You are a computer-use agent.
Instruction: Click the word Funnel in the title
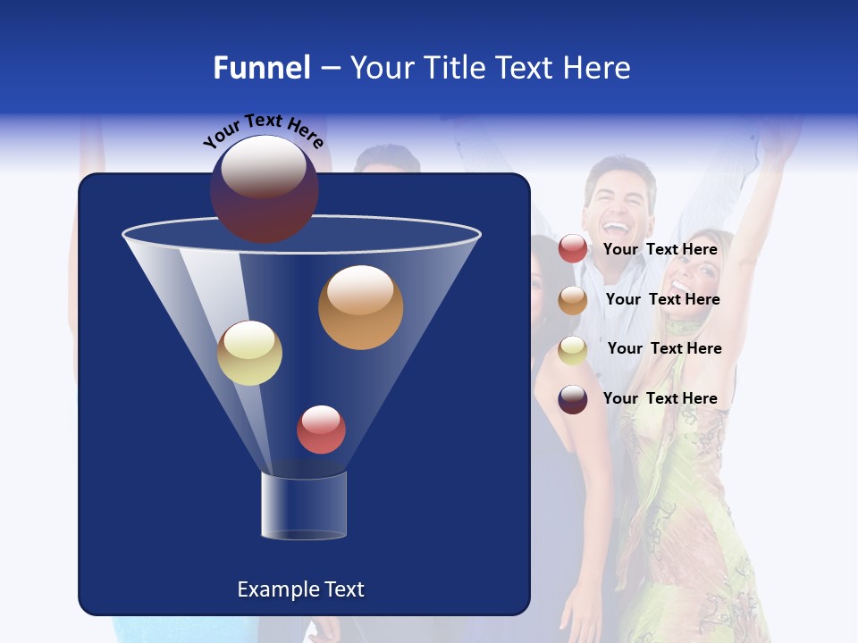(261, 67)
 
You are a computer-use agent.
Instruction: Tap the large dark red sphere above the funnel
(265, 188)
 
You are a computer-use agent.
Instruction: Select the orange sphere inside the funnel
(360, 307)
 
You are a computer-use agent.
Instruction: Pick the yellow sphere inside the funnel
(249, 353)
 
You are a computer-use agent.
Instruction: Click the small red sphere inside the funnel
(321, 429)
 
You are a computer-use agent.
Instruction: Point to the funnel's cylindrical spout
(303, 505)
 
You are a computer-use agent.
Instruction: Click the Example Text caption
(300, 589)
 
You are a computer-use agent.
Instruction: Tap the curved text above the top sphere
(263, 131)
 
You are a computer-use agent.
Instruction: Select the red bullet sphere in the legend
(573, 249)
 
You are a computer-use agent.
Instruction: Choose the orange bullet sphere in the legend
(573, 300)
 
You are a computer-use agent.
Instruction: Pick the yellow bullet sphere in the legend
(573, 349)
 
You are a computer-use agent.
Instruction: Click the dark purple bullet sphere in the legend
(573, 399)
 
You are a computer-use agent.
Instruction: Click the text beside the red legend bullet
(660, 249)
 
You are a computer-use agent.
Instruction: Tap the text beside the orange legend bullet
(662, 299)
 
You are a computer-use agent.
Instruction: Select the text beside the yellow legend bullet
(664, 348)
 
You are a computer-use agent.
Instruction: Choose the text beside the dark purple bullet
(660, 398)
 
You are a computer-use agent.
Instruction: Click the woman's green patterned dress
(693, 500)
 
